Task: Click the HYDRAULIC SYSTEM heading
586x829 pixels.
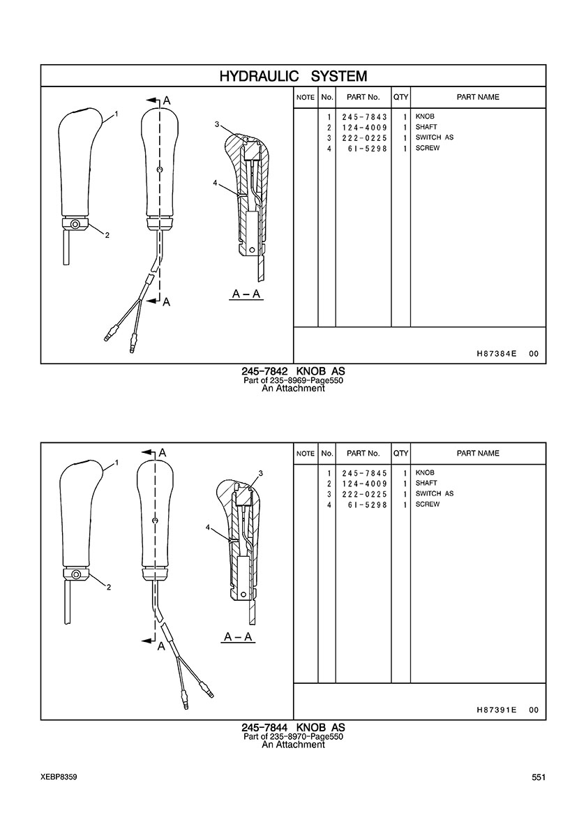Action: click(293, 76)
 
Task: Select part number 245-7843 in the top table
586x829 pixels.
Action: click(365, 117)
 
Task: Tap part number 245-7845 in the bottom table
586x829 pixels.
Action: click(365, 473)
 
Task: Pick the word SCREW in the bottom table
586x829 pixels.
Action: click(428, 505)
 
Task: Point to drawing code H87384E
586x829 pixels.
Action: click(496, 354)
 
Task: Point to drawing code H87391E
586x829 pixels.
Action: click(496, 710)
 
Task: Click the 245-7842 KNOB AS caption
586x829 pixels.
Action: click(293, 372)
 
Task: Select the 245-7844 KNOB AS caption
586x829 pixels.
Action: click(293, 728)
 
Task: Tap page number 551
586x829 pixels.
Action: click(539, 777)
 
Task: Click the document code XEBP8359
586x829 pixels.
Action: click(59, 777)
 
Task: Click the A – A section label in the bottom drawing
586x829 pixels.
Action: click(238, 636)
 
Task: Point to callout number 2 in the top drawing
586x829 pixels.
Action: click(107, 235)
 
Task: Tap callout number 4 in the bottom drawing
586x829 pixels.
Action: click(208, 527)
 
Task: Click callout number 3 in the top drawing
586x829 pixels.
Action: click(217, 124)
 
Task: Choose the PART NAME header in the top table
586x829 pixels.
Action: click(478, 97)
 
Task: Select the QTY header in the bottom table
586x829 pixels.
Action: click(401, 454)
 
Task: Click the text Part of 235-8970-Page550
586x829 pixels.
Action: click(293, 736)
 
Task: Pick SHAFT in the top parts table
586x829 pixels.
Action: click(426, 127)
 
